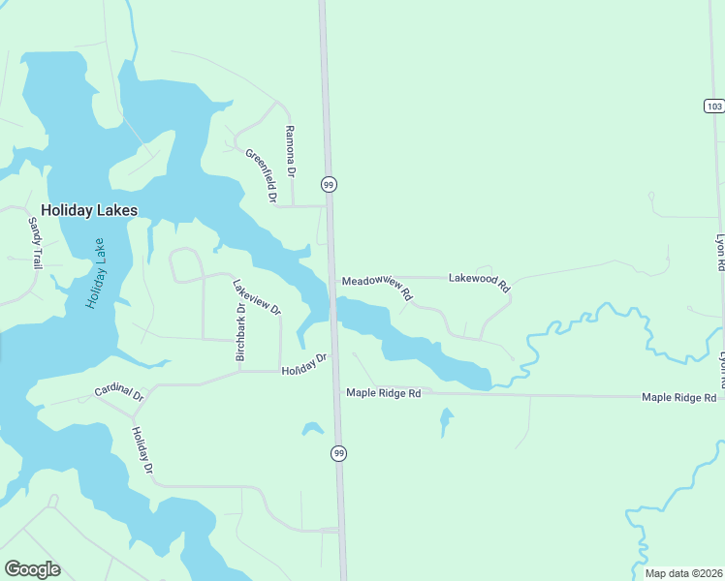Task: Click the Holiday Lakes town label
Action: [89, 210]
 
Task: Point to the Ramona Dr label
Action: [289, 150]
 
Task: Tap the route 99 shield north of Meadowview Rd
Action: [329, 184]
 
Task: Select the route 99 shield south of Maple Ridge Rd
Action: [338, 453]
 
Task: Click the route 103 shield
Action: [713, 106]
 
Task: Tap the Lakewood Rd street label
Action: [479, 282]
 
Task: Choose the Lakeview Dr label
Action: [257, 297]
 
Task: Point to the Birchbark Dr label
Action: [240, 332]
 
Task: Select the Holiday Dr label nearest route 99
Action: [304, 366]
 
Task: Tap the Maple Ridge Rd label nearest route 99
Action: [384, 393]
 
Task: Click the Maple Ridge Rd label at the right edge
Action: [678, 398]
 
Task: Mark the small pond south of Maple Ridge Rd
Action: [446, 421]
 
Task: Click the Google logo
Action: [32, 569]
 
